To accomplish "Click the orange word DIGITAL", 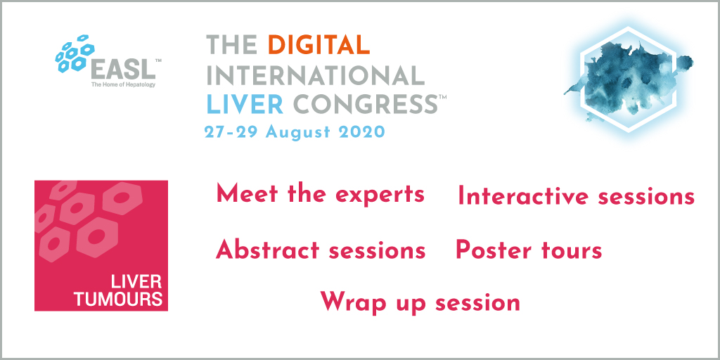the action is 319,45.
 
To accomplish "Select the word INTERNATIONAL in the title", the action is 316,75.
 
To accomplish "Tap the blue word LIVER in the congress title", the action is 245,104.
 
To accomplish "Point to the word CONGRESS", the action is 365,104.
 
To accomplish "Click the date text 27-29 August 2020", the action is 295,132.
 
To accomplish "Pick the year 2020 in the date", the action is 361,132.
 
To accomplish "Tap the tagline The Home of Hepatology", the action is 123,84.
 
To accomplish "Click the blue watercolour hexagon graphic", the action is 628,79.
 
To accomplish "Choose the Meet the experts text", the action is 320,194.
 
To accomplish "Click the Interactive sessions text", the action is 576,197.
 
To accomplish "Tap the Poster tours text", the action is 529,251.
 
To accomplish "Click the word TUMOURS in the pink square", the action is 118,299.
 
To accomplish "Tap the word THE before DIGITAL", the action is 231,45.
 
